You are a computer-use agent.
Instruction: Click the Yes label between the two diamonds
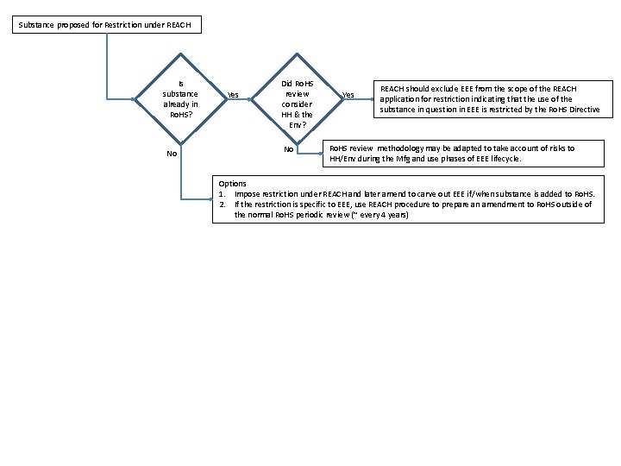click(233, 95)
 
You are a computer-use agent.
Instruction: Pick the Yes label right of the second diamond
click(348, 95)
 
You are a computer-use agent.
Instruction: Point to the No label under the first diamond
click(172, 154)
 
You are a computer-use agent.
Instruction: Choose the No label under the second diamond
click(289, 149)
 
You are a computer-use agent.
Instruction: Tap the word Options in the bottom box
click(232, 184)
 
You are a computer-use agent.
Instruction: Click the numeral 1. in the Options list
click(223, 194)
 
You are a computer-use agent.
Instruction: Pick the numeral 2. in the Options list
click(223, 205)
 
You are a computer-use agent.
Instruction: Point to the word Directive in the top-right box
click(583, 110)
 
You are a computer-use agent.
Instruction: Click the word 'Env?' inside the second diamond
click(297, 124)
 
